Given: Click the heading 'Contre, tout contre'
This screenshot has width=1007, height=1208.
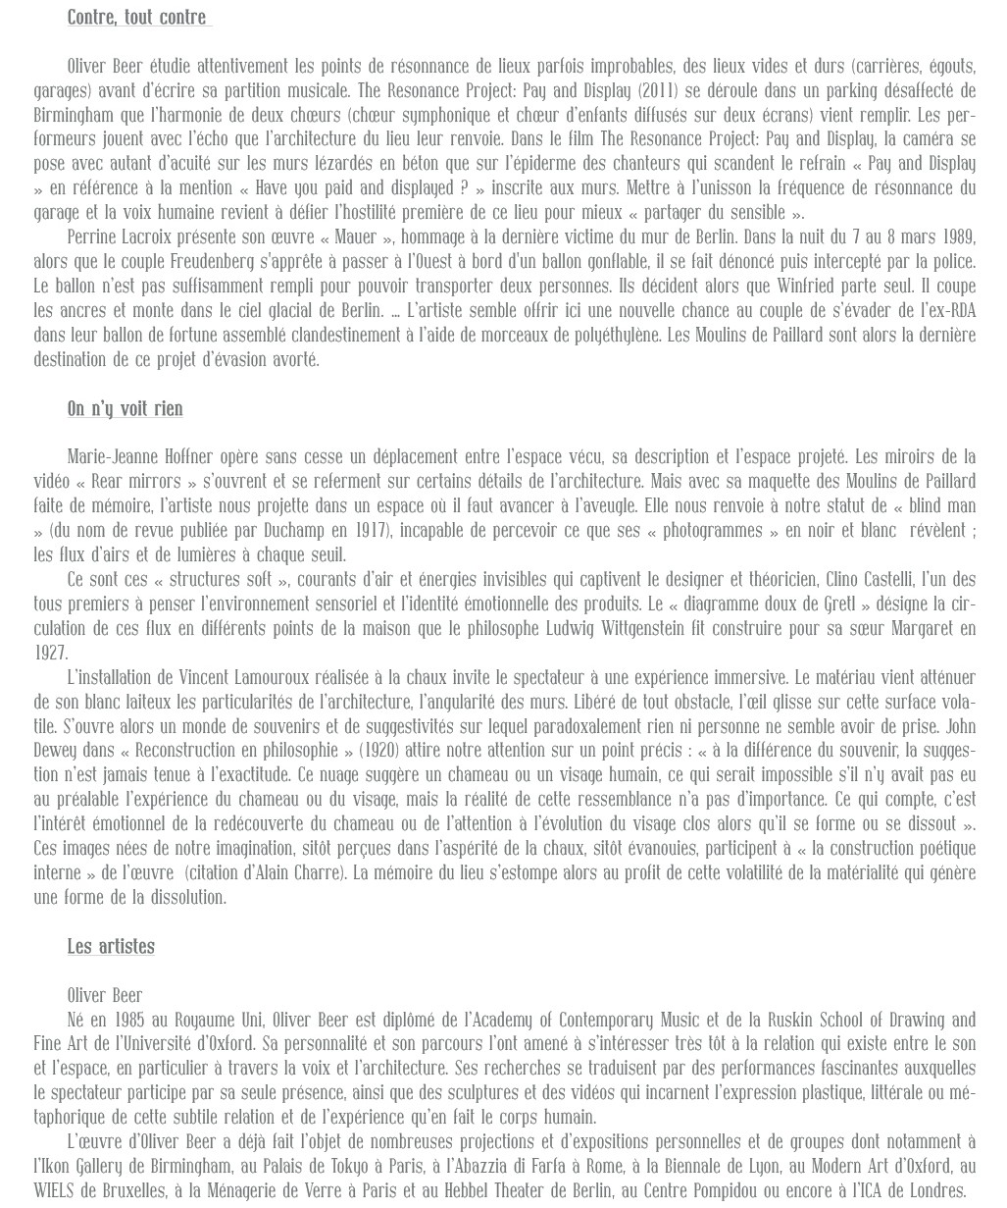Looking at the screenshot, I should tap(137, 18).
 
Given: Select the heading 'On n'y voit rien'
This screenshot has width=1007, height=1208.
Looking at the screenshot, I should tap(125, 409).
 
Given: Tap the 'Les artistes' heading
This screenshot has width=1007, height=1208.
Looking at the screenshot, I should tap(111, 947).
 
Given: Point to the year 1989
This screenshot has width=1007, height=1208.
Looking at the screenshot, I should tap(958, 237).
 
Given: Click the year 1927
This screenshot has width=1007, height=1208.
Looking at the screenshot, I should tap(50, 654).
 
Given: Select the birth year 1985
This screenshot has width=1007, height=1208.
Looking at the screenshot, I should tap(130, 1021).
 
